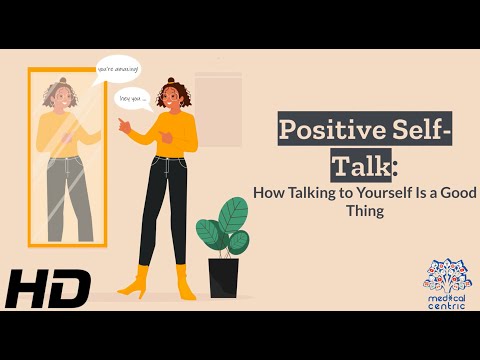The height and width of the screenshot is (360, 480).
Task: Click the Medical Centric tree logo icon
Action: point(446,273)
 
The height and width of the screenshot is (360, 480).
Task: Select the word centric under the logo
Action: point(446,305)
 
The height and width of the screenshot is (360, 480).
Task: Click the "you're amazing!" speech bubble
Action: point(118,68)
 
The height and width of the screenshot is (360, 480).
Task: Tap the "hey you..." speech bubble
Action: point(133,99)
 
